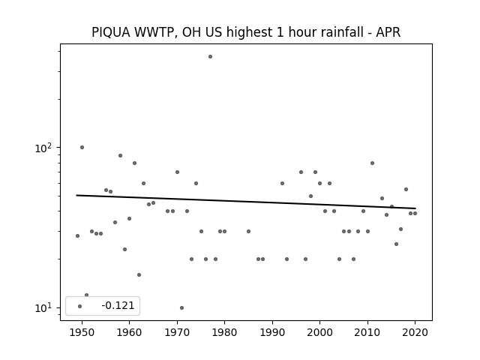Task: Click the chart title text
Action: pyautogui.click(x=246, y=32)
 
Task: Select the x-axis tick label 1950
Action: pyautogui.click(x=82, y=332)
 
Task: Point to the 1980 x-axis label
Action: pyautogui.click(x=224, y=332)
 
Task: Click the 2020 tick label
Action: pyautogui.click(x=415, y=332)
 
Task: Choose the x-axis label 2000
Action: pyautogui.click(x=319, y=332)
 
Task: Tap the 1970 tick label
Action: pyautogui.click(x=177, y=332)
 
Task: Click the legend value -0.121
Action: pyautogui.click(x=118, y=305)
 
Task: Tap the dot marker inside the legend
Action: pyautogui.click(x=80, y=306)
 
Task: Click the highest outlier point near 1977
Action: pyautogui.click(x=210, y=57)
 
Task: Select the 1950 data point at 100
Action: pyautogui.click(x=82, y=147)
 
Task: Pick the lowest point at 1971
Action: pyautogui.click(x=181, y=307)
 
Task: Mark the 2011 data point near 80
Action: pyautogui.click(x=372, y=163)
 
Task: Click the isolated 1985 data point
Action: pyautogui.click(x=248, y=231)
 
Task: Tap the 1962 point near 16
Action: pyautogui.click(x=139, y=275)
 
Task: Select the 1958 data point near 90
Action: pyautogui.click(x=120, y=155)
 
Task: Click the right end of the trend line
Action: pyautogui.click(x=415, y=208)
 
